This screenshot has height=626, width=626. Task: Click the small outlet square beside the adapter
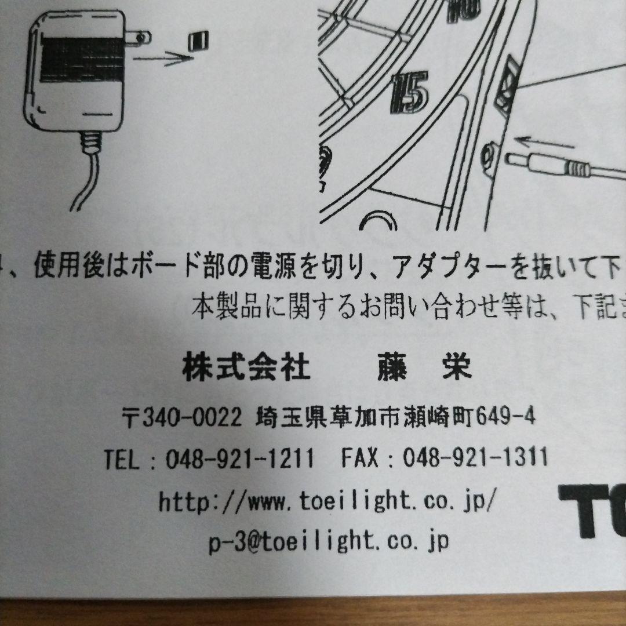point(197,41)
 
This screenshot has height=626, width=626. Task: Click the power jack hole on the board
point(488,154)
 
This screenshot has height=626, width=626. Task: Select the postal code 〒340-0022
point(183,416)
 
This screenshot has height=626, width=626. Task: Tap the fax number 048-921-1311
point(475,458)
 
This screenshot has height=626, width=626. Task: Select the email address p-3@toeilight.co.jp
point(329,542)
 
